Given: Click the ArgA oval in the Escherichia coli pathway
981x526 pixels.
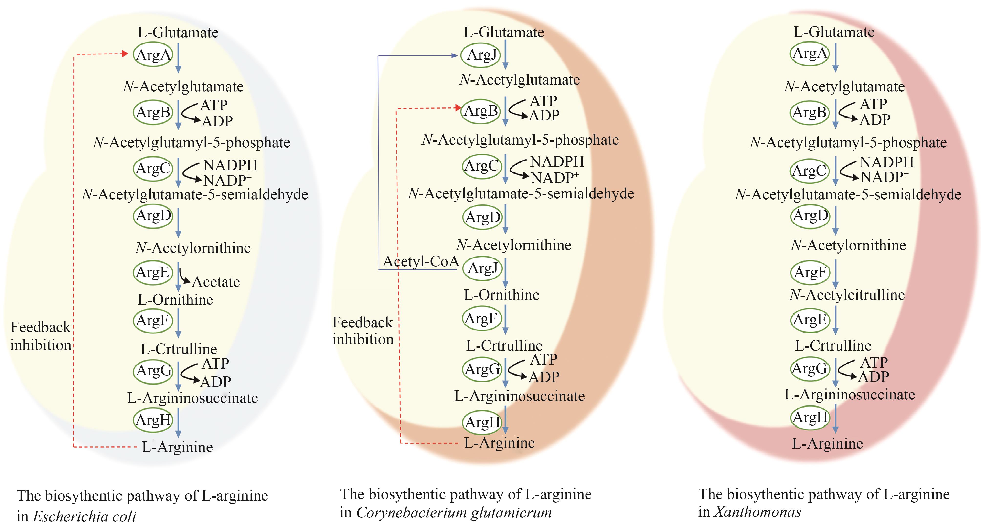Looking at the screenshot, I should pyautogui.click(x=153, y=54).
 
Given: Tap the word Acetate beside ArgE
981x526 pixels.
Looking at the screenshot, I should pyautogui.click(x=216, y=282).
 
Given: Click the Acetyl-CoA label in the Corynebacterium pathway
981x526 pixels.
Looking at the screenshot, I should pyautogui.click(x=421, y=261).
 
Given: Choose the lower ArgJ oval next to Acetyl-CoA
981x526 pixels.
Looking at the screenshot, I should pyautogui.click(x=482, y=268).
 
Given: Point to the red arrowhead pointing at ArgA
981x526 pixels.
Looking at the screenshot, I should pyautogui.click(x=125, y=54).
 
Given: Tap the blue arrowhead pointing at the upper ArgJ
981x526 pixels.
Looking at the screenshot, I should pyautogui.click(x=454, y=56).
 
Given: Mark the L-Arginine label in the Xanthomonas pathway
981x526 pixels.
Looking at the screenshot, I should pyautogui.click(x=828, y=444).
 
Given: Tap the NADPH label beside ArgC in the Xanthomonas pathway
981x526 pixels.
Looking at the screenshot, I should pyautogui.click(x=887, y=162).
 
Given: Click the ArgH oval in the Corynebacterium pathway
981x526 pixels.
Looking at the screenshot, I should pyautogui.click(x=482, y=422).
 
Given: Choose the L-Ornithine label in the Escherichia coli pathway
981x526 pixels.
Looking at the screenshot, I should pyautogui.click(x=175, y=300).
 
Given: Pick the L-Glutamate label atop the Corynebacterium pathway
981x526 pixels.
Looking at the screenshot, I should pyautogui.click(x=503, y=32).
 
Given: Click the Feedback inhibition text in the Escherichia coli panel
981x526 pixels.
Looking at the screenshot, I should pyautogui.click(x=41, y=335).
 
